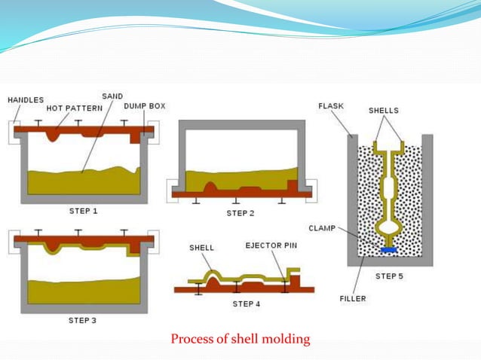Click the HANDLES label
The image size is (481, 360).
pyautogui.click(x=26, y=99)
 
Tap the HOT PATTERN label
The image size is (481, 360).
pyautogui.click(x=75, y=108)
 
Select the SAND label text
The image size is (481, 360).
pyautogui.click(x=113, y=96)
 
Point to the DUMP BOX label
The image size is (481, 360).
pyautogui.click(x=145, y=106)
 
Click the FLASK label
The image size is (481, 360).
pyautogui.click(x=331, y=106)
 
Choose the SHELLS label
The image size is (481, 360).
pyautogui.click(x=384, y=111)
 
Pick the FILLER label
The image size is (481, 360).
pyautogui.click(x=353, y=299)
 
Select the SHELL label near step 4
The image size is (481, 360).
pyautogui.click(x=201, y=247)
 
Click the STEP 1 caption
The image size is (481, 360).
pyautogui.click(x=83, y=211)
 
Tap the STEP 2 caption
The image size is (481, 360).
pyautogui.click(x=240, y=213)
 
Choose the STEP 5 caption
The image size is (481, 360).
pyautogui.click(x=389, y=276)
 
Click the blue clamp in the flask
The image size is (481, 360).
pyautogui.click(x=389, y=249)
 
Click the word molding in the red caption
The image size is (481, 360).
pyautogui.click(x=285, y=339)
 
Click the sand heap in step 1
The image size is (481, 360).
pyautogui.click(x=83, y=182)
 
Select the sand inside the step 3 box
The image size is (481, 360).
pyautogui.click(x=83, y=291)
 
